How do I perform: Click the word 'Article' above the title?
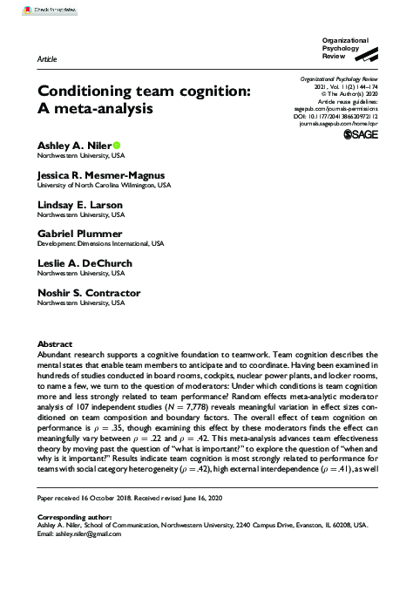(48, 58)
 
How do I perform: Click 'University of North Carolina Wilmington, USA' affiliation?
(104, 186)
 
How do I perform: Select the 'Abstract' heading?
(54, 345)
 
